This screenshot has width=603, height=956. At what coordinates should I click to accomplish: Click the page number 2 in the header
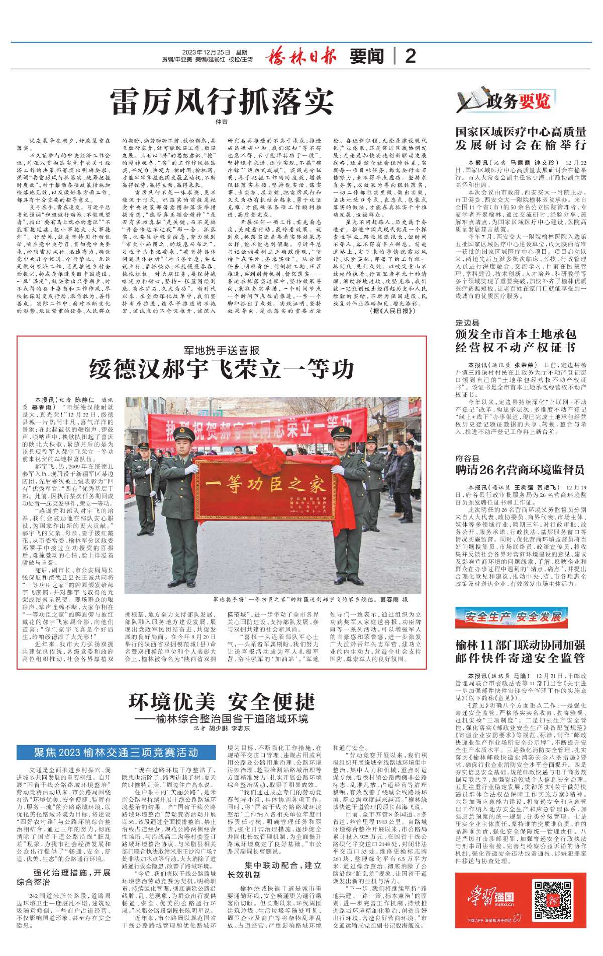pyautogui.click(x=411, y=56)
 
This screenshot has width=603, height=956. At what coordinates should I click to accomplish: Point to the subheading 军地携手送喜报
pyautogui.click(x=222, y=350)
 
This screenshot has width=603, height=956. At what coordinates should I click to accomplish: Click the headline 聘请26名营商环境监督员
pyautogui.click(x=520, y=470)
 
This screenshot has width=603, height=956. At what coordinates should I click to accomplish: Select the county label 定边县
pyautogui.click(x=467, y=323)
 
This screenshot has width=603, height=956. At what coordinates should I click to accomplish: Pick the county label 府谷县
pyautogui.click(x=467, y=458)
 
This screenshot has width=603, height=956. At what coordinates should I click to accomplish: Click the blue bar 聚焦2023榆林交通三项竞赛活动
pyautogui.click(x=116, y=753)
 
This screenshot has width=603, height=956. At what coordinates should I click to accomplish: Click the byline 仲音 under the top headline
pyautogui.click(x=222, y=122)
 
